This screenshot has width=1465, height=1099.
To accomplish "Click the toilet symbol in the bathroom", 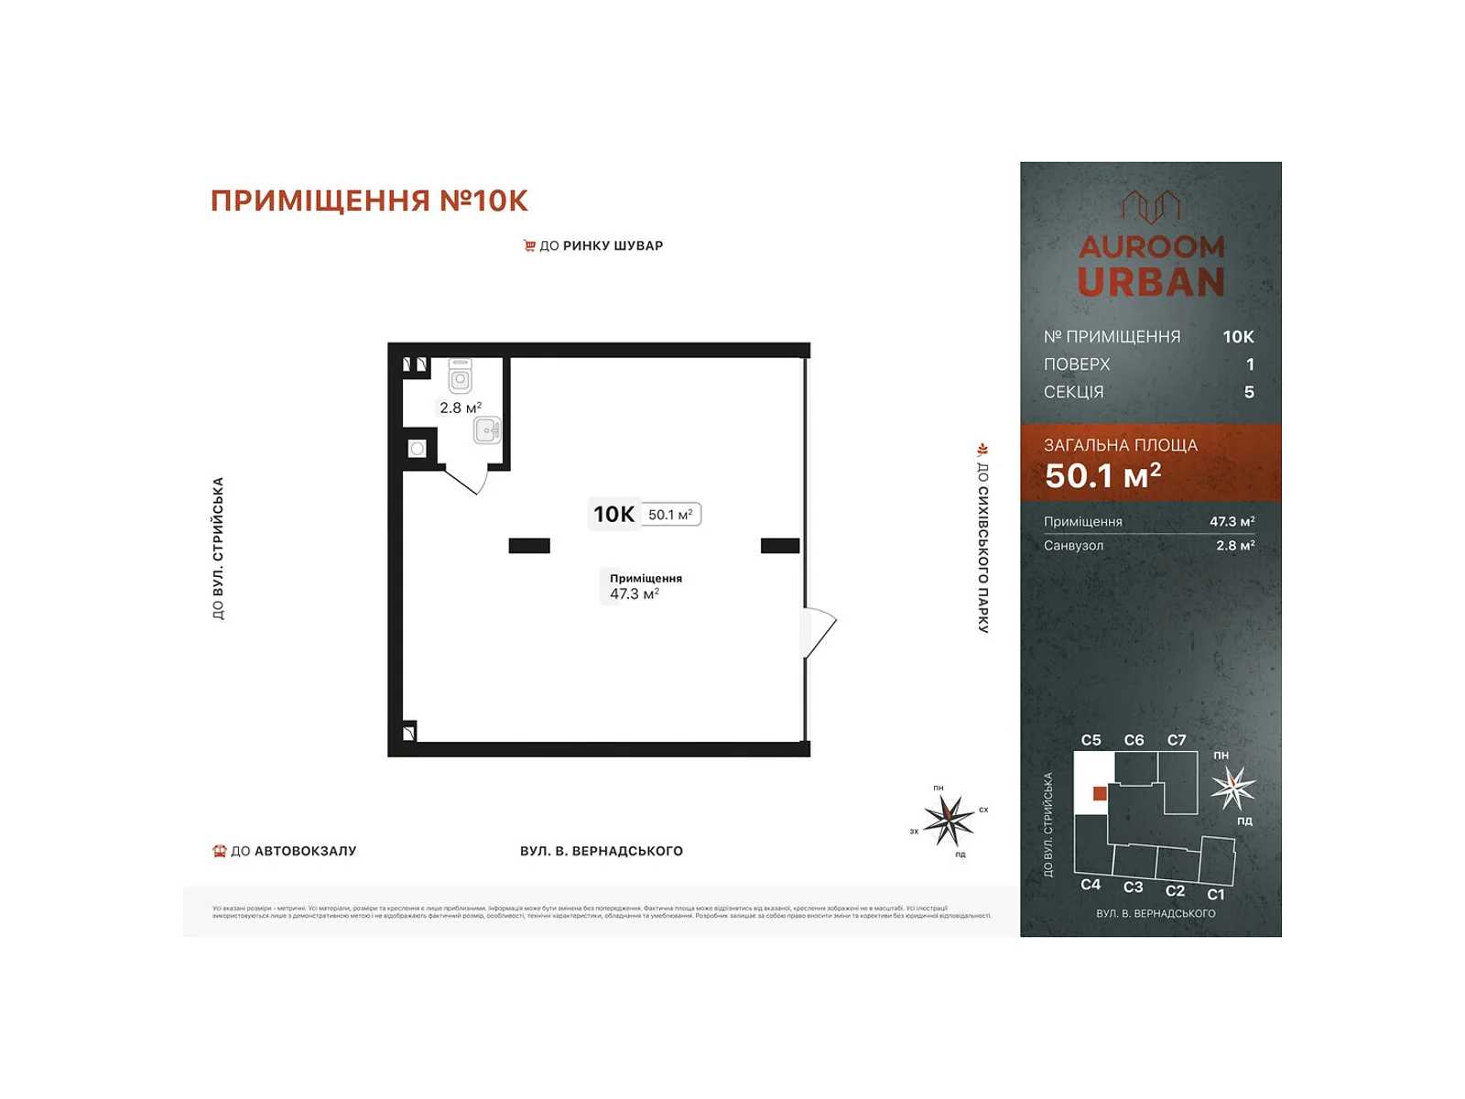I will coord(460,376).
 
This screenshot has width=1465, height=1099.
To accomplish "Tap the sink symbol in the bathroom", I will coord(487,430).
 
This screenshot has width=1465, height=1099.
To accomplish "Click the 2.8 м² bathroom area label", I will coord(460,408).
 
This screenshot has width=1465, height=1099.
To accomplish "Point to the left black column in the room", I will coord(529,546).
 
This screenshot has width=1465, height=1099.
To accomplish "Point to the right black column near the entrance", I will coord(780,546).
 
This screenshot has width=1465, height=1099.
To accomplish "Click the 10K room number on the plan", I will coord(613,514).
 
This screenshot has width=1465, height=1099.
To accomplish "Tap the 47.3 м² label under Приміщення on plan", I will coord(635,594).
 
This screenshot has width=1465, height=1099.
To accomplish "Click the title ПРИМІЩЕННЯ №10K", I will coord(369,201).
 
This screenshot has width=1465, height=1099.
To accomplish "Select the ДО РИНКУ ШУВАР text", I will coord(601,245).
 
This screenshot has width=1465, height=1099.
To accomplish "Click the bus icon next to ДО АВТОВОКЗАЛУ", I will coord(220,851).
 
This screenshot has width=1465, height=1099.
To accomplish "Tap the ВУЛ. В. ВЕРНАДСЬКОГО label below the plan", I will coord(602,851).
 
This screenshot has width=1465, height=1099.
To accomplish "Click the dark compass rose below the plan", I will coord(949,820).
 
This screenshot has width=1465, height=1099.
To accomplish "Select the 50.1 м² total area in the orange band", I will coord(1102,475).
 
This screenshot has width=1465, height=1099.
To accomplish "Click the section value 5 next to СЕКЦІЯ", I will coord(1249,392).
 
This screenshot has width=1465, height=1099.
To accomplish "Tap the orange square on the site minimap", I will coord(1100,793).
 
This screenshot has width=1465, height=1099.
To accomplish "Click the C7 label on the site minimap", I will coord(1177,740).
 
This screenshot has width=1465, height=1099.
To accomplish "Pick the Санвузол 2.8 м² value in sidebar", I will coord(1234,546).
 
